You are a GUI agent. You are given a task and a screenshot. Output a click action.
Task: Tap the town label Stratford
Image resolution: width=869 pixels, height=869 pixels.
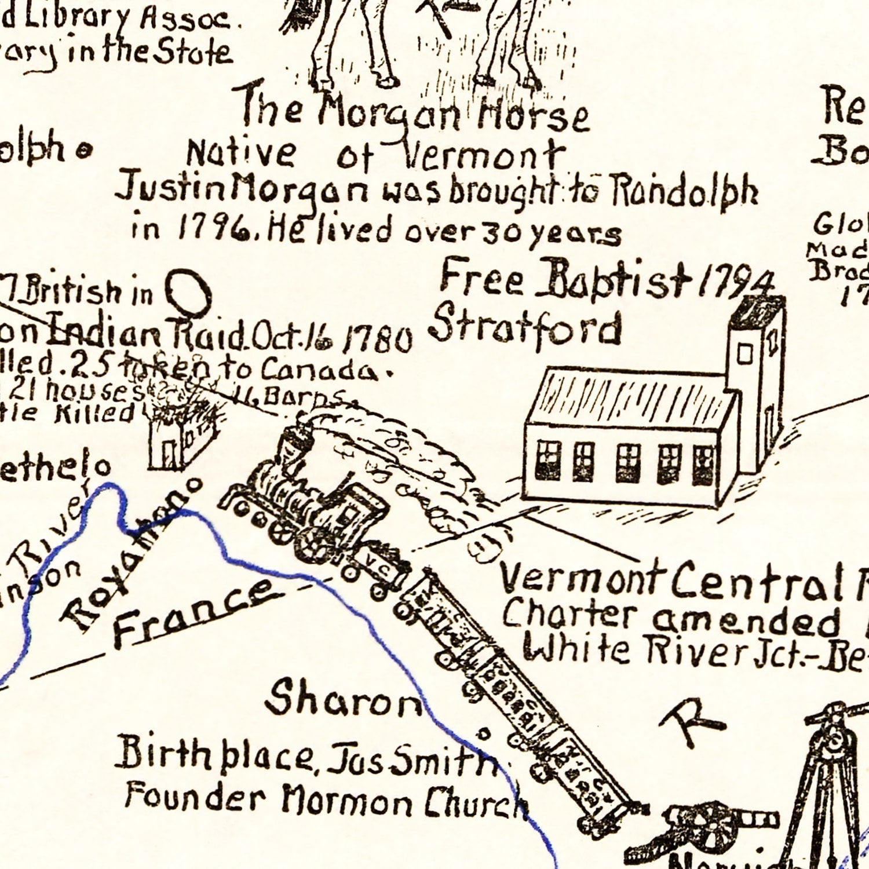click(526, 328)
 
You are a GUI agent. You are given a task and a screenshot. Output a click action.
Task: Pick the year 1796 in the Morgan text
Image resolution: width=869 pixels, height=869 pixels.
click(214, 230)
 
